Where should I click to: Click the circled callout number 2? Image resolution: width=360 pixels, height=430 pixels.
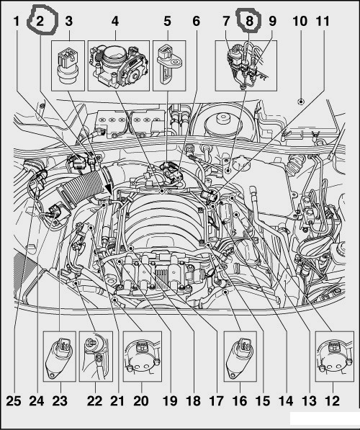click(x=40, y=21)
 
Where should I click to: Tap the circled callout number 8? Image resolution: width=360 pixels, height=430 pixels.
click(x=249, y=21)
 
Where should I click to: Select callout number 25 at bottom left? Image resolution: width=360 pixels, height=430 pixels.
click(x=14, y=401)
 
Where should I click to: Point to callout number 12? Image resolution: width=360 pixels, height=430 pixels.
click(x=333, y=401)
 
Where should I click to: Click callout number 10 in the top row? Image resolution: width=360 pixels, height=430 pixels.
click(x=300, y=21)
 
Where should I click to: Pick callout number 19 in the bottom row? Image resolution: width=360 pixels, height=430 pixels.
click(x=170, y=401)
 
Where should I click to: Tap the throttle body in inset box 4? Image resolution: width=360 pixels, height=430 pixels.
click(x=119, y=66)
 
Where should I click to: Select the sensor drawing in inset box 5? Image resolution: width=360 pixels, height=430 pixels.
click(x=168, y=63)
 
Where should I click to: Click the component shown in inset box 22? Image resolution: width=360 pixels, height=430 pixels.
click(x=96, y=356)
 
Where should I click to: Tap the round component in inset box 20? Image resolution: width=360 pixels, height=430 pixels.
click(x=142, y=357)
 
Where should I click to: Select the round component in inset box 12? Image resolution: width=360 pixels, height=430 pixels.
click(x=334, y=357)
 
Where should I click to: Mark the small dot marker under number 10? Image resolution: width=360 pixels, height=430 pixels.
click(x=301, y=102)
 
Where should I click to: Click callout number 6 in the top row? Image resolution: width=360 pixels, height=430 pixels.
click(x=197, y=21)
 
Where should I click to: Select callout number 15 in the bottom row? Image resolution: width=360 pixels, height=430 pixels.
click(x=263, y=401)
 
